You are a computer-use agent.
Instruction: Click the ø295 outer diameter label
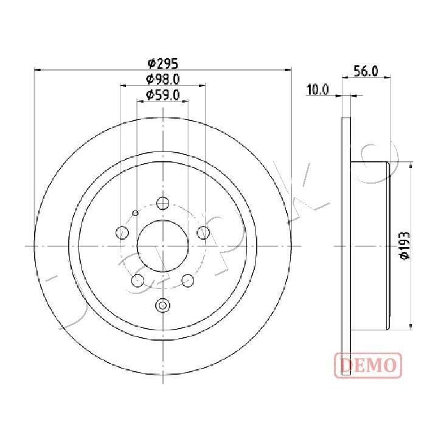162,63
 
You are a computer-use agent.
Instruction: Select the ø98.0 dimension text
162,78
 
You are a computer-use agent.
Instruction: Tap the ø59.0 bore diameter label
162,94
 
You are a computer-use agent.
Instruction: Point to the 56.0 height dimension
366,71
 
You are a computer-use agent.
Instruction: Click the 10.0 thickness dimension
318,90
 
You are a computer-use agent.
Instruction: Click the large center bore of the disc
162,245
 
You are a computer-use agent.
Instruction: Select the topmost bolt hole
162,203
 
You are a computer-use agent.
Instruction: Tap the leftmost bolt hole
122,232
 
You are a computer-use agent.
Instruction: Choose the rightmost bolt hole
203,232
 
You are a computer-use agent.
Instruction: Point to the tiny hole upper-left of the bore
134,212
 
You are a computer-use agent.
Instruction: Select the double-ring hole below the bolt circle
162,305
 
